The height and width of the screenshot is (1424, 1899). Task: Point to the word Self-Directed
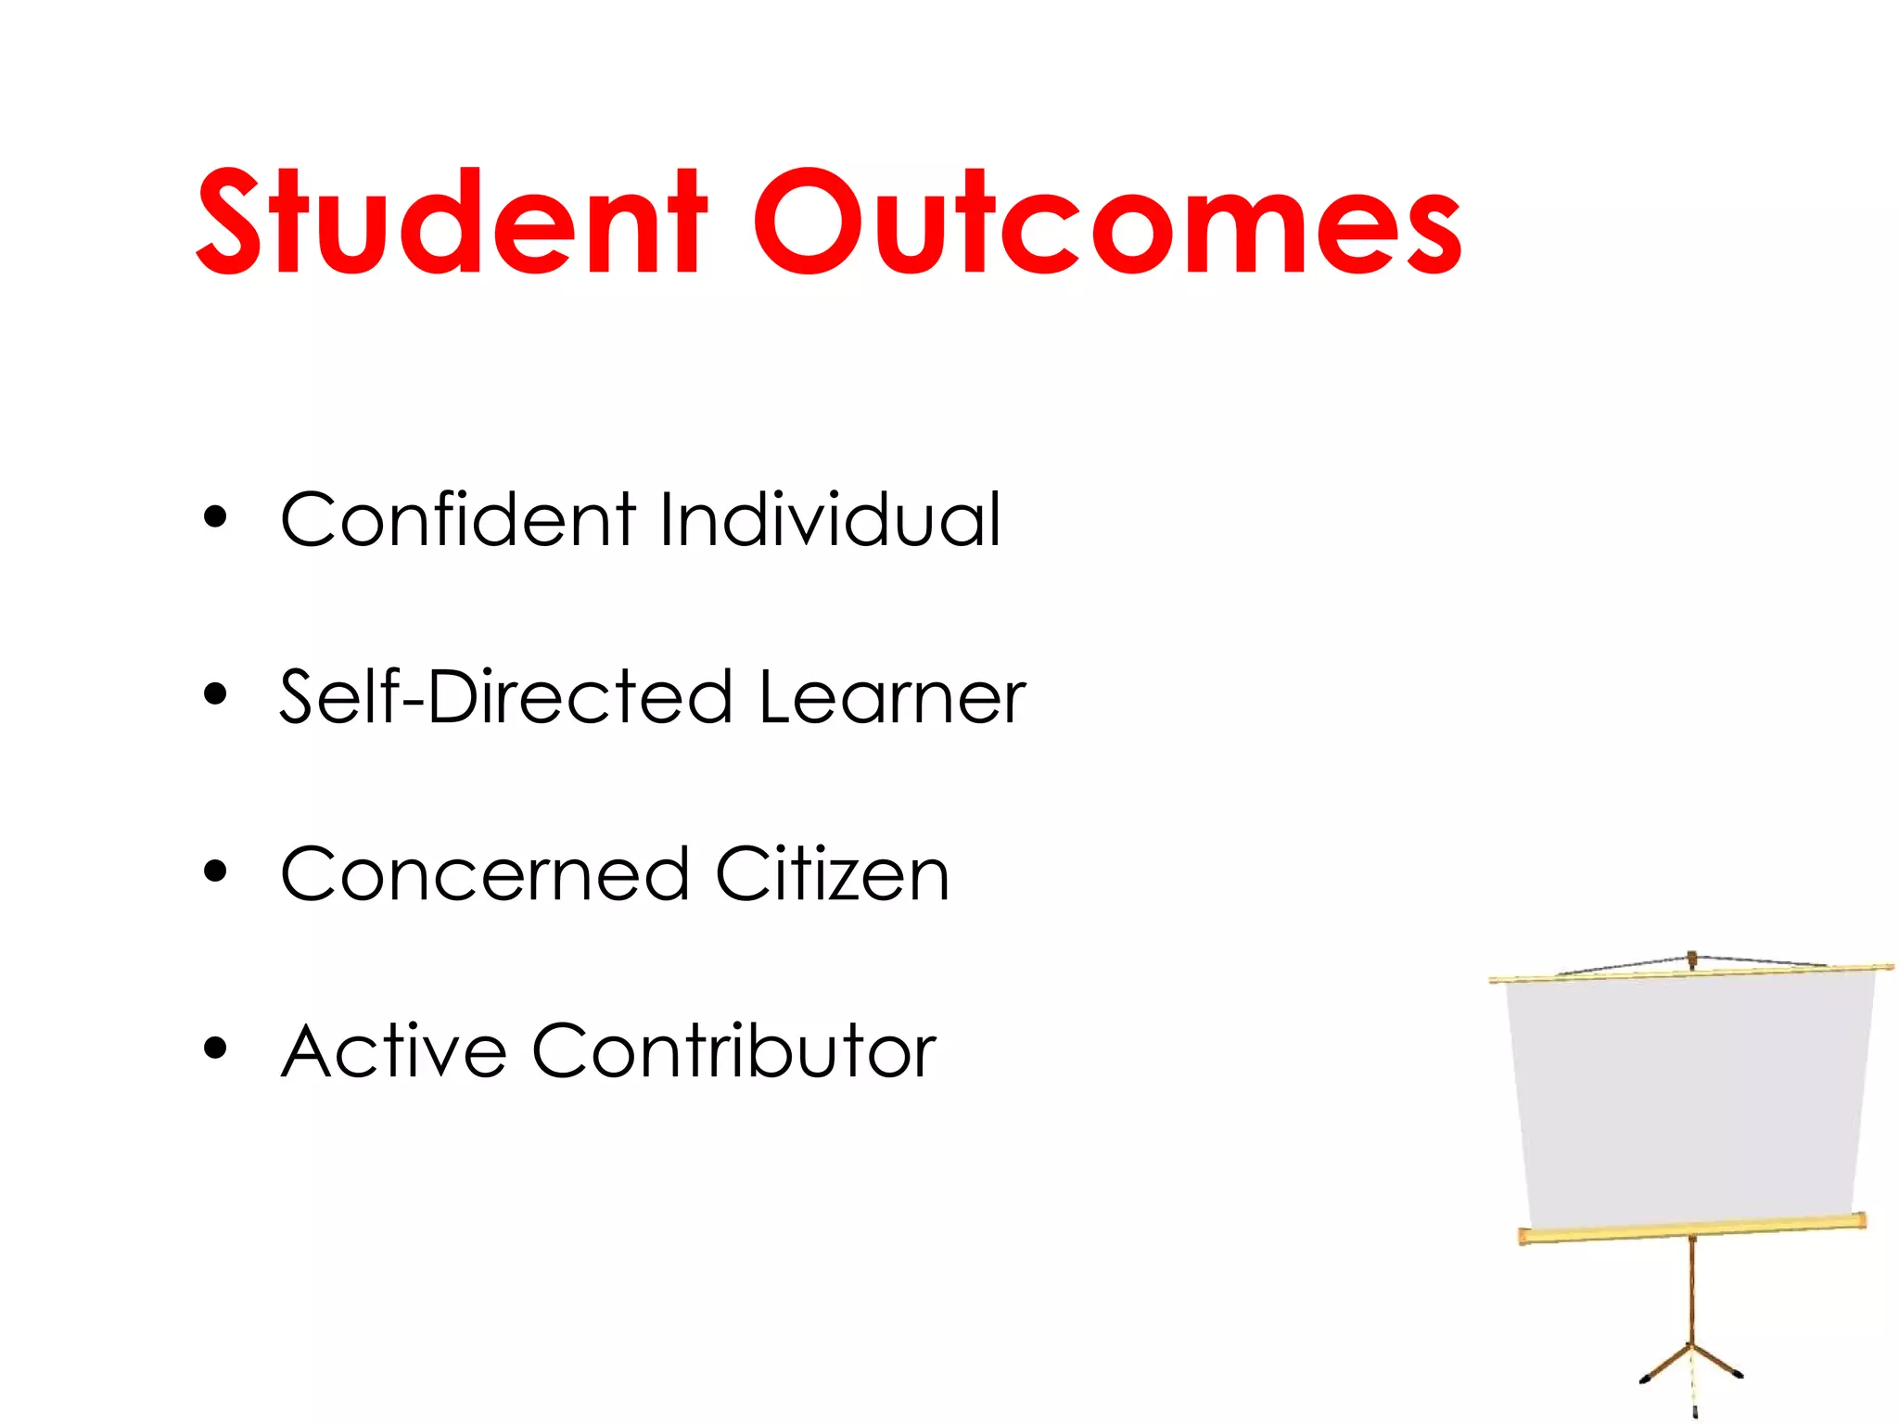point(506,696)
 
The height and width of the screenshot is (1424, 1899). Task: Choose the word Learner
point(892,696)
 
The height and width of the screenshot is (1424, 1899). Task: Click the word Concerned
point(485,874)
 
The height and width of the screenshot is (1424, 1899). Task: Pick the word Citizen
point(832,874)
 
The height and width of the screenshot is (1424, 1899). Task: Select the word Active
point(394,1051)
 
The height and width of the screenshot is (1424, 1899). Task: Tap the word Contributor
point(733,1051)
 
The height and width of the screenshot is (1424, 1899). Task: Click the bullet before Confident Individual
point(215,517)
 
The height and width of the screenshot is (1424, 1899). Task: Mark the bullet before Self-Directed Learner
point(215,694)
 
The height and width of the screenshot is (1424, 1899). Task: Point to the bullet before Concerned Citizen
point(215,871)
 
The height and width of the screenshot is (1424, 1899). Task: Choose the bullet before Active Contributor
point(215,1049)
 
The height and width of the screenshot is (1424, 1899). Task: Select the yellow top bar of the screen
point(1691,973)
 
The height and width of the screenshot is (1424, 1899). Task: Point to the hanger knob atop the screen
point(1692,958)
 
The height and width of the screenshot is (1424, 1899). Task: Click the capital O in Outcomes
point(807,222)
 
